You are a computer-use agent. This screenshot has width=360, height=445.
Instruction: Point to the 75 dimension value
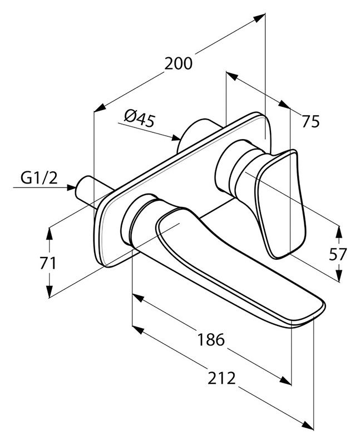click(x=311, y=121)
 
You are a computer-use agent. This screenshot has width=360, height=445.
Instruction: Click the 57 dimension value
click(x=337, y=254)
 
